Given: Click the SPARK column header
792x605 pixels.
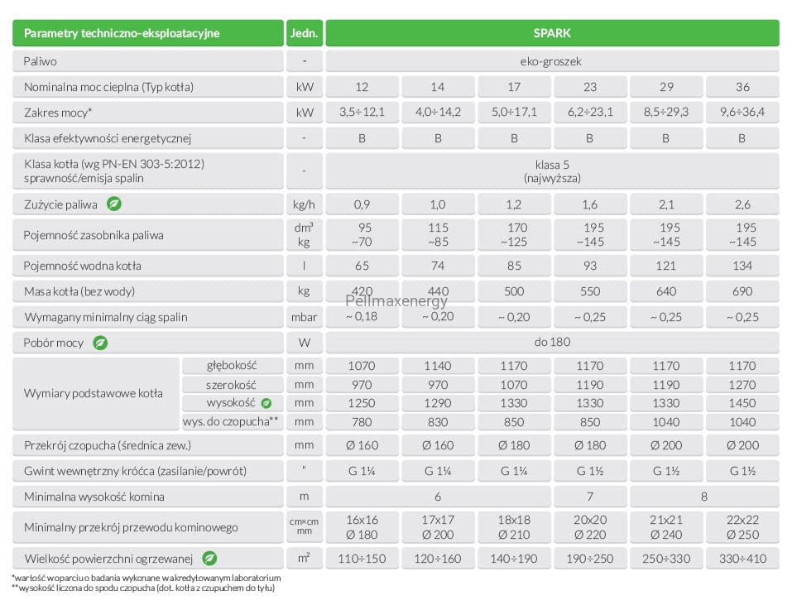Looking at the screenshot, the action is click(x=552, y=33).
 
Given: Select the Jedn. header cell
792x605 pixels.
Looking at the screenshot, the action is click(x=304, y=33).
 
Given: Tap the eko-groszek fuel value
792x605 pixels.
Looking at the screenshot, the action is click(x=551, y=61).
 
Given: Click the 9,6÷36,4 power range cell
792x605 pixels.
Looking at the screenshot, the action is click(x=742, y=112).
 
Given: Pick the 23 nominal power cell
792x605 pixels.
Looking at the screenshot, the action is click(x=590, y=87).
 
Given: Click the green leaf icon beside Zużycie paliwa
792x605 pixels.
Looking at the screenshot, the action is click(x=114, y=204).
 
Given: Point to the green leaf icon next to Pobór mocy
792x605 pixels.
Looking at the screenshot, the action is click(x=100, y=343).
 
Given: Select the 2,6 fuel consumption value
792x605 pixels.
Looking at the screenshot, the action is click(x=742, y=204).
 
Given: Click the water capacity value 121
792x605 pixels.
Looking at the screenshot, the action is click(x=666, y=266).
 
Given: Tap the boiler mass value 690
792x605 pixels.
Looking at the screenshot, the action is click(x=742, y=291).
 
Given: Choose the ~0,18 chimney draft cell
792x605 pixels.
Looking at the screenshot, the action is click(x=362, y=317).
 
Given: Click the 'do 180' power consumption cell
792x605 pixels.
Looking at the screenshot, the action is click(x=552, y=343).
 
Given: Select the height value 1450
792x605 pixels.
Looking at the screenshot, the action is click(x=742, y=403).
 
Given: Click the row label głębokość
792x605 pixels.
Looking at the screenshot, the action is click(x=232, y=365).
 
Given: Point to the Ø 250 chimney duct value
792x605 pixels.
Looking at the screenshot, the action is click(x=742, y=535).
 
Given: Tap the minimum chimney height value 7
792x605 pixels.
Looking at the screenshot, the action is click(x=590, y=497).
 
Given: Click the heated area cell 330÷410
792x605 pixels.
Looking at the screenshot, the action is click(x=742, y=559).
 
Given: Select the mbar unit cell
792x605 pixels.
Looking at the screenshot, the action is click(x=304, y=317).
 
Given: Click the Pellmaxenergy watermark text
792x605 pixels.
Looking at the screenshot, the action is click(x=396, y=301).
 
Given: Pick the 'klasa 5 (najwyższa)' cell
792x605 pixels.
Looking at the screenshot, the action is click(x=552, y=171).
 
